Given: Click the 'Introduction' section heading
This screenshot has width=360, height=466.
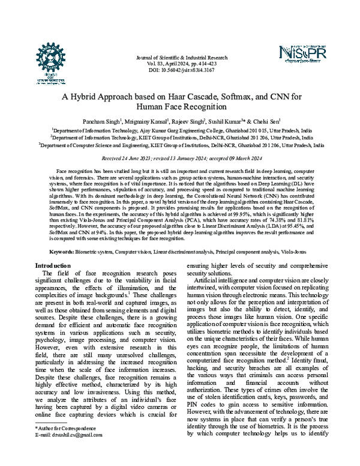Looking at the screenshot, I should (53, 265).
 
